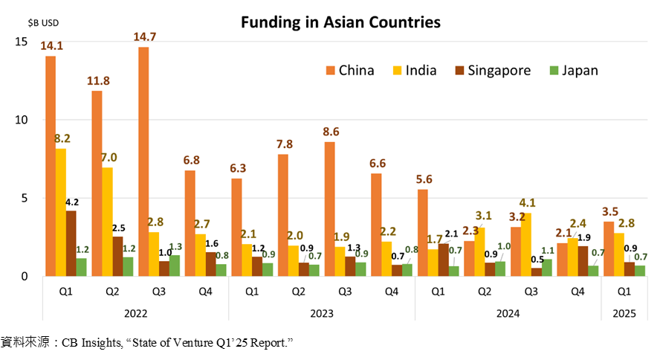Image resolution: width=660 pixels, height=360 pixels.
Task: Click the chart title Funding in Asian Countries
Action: [340, 22]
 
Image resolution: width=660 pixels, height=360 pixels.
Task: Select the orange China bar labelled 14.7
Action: [143, 161]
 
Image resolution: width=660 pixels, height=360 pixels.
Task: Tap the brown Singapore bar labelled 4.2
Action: [71, 243]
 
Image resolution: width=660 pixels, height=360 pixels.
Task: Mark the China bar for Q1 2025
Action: [609, 248]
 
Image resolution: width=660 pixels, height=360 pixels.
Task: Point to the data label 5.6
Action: [422, 178]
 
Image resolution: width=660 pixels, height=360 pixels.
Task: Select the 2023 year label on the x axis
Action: [321, 314]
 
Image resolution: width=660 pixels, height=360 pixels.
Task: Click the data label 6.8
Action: [190, 159]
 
